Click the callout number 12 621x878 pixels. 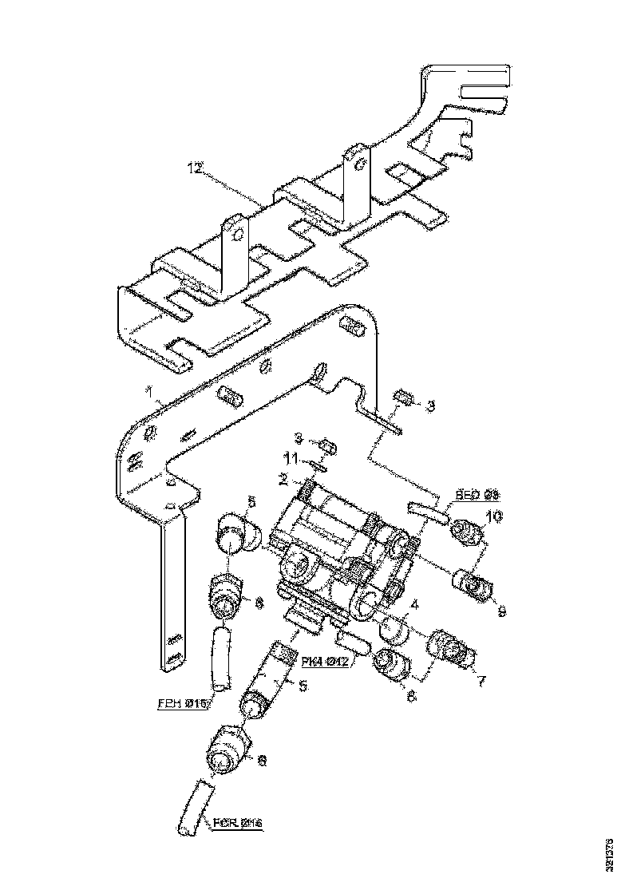[x=194, y=168]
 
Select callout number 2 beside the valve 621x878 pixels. [x=283, y=479]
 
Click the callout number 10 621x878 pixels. [x=495, y=517]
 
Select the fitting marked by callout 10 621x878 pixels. [x=469, y=532]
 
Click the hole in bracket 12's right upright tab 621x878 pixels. [x=360, y=164]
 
